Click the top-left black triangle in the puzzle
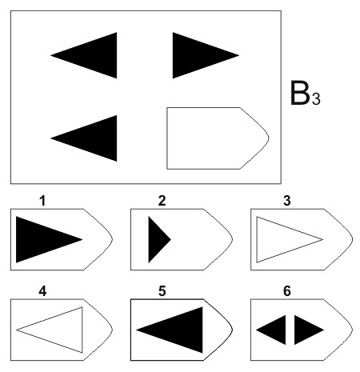tap(94, 55)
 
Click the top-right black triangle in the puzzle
tap(194, 55)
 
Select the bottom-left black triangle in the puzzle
tap(94, 138)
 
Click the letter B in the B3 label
tap(299, 93)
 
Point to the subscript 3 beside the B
tap(316, 98)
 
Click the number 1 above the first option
tap(42, 201)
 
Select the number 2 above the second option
tap(162, 201)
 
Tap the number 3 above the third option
tap(287, 201)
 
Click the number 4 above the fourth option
tap(42, 291)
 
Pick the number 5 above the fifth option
tap(162, 291)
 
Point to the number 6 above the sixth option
tap(287, 291)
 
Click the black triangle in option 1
tap(38, 239)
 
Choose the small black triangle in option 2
tap(156, 239)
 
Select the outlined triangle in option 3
tap(257, 239)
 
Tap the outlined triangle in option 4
tap(82, 330)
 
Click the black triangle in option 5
tap(181, 330)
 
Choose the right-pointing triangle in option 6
tap(304, 330)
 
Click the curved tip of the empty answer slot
tap(269, 138)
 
